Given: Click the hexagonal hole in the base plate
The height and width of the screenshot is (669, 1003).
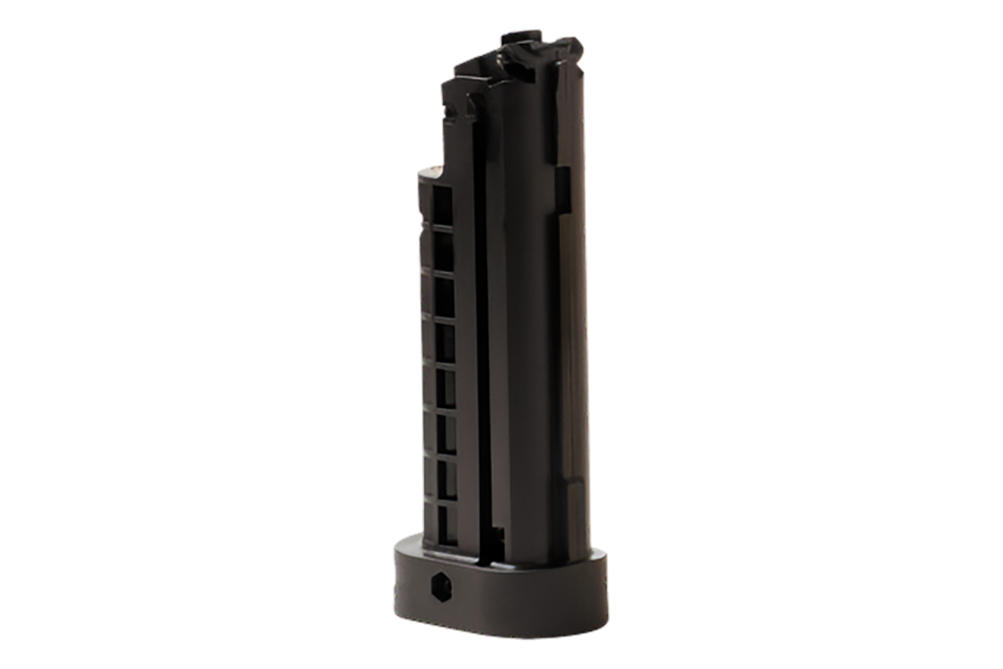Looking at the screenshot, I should [439, 585].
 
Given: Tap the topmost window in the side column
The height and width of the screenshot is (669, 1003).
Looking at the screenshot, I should [441, 203].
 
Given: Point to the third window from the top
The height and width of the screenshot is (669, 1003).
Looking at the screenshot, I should [441, 294].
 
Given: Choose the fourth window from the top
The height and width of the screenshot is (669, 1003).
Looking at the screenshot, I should [441, 341].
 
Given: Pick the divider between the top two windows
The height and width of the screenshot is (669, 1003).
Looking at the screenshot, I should [441, 226].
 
